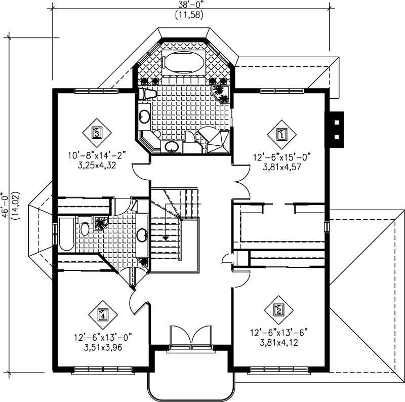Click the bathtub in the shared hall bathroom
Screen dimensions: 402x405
66,234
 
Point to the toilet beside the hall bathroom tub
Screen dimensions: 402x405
85,229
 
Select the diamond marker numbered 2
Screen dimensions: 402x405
277,310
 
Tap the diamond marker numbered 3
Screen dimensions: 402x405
96,133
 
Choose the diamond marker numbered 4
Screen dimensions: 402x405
102,314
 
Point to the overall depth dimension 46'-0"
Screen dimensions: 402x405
6,205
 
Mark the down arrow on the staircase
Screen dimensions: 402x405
165,236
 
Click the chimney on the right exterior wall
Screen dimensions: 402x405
336,129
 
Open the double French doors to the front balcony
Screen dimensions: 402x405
189,337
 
